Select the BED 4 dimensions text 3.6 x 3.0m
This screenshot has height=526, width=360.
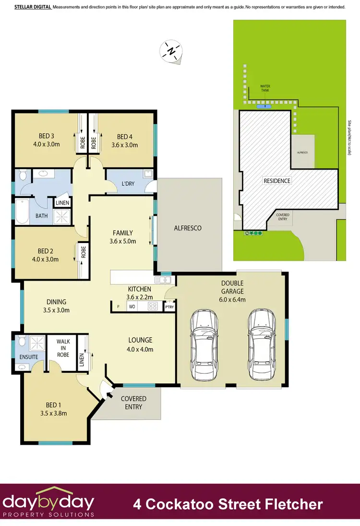[124, 145]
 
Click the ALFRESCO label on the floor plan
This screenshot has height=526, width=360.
[187, 228]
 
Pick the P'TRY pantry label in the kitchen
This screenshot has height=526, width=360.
[169, 306]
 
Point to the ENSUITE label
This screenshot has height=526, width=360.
[28, 357]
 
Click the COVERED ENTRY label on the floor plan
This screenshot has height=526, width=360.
[133, 403]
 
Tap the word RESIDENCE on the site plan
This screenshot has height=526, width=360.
[276, 181]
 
